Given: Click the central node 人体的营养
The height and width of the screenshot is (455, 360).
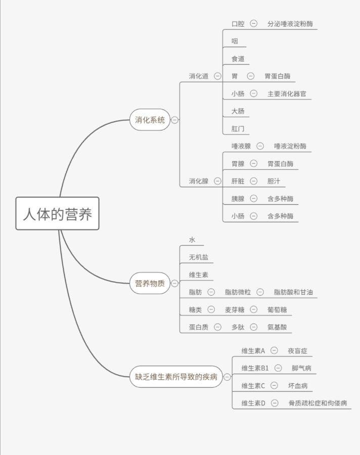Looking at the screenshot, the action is click(58, 213).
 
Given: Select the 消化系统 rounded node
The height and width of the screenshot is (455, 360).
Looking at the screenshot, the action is click(150, 119).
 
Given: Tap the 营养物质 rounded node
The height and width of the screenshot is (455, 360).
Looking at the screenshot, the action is click(150, 283).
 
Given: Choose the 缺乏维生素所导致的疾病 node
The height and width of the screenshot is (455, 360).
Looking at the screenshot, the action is click(176, 377).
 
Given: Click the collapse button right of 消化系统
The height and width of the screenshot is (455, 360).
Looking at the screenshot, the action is click(174, 119).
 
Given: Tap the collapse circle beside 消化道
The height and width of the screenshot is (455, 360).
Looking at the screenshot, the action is click(217, 76).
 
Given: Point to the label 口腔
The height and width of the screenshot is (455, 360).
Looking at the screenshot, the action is click(238, 24).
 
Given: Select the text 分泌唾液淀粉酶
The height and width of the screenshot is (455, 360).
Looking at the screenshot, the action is click(290, 24).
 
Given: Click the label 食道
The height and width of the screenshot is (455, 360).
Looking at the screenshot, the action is click(238, 59).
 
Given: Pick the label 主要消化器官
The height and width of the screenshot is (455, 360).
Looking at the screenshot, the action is click(287, 94).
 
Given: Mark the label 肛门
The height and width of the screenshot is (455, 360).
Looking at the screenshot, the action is click(238, 128).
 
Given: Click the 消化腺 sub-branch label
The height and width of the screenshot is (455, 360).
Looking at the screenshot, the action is click(199, 181).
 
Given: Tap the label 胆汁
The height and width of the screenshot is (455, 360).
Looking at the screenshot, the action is click(274, 181).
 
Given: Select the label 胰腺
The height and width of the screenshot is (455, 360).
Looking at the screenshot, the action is click(238, 199).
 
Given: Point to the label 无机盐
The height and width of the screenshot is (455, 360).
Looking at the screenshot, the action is click(199, 257).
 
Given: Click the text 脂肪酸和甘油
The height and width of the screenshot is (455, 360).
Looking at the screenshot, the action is click(293, 292).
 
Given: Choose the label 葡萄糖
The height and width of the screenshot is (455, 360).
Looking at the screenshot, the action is click(277, 309).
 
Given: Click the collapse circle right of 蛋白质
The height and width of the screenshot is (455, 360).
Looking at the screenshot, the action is click(217, 327).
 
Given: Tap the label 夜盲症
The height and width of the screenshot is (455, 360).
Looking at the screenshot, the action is click(298, 351).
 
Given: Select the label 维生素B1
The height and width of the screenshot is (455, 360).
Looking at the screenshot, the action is click(255, 368).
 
